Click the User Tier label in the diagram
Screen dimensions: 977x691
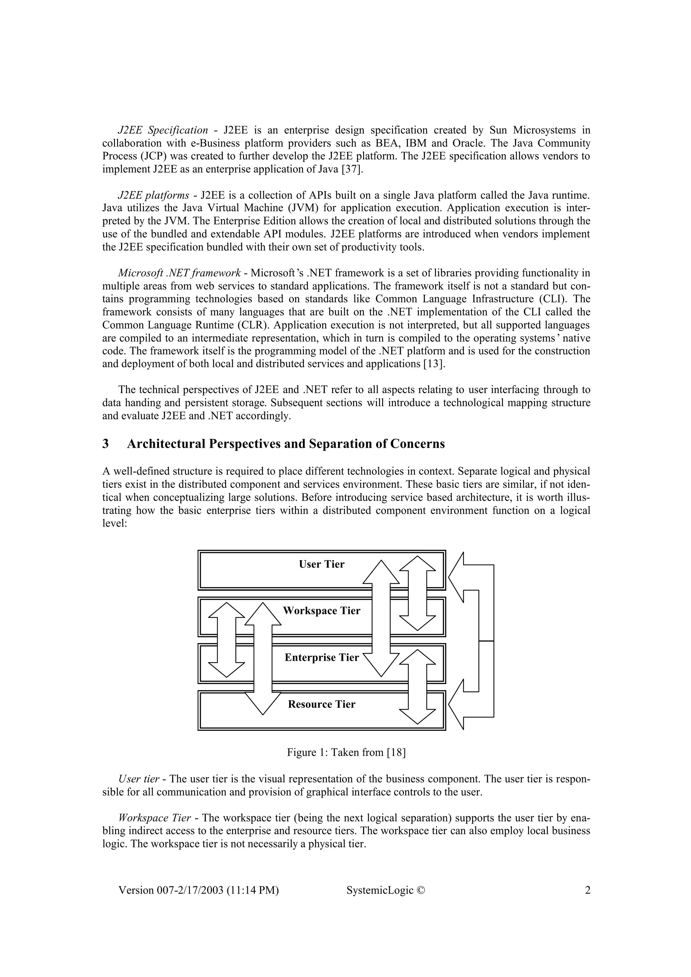click(322, 564)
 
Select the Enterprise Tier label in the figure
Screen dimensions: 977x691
click(322, 657)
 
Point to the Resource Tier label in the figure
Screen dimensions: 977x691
click(322, 704)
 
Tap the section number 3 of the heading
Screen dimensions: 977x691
click(106, 444)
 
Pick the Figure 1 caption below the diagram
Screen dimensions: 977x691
click(346, 752)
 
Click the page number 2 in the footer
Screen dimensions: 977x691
click(587, 890)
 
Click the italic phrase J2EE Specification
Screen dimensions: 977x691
click(163, 130)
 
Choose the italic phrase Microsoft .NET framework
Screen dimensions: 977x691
click(179, 273)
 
